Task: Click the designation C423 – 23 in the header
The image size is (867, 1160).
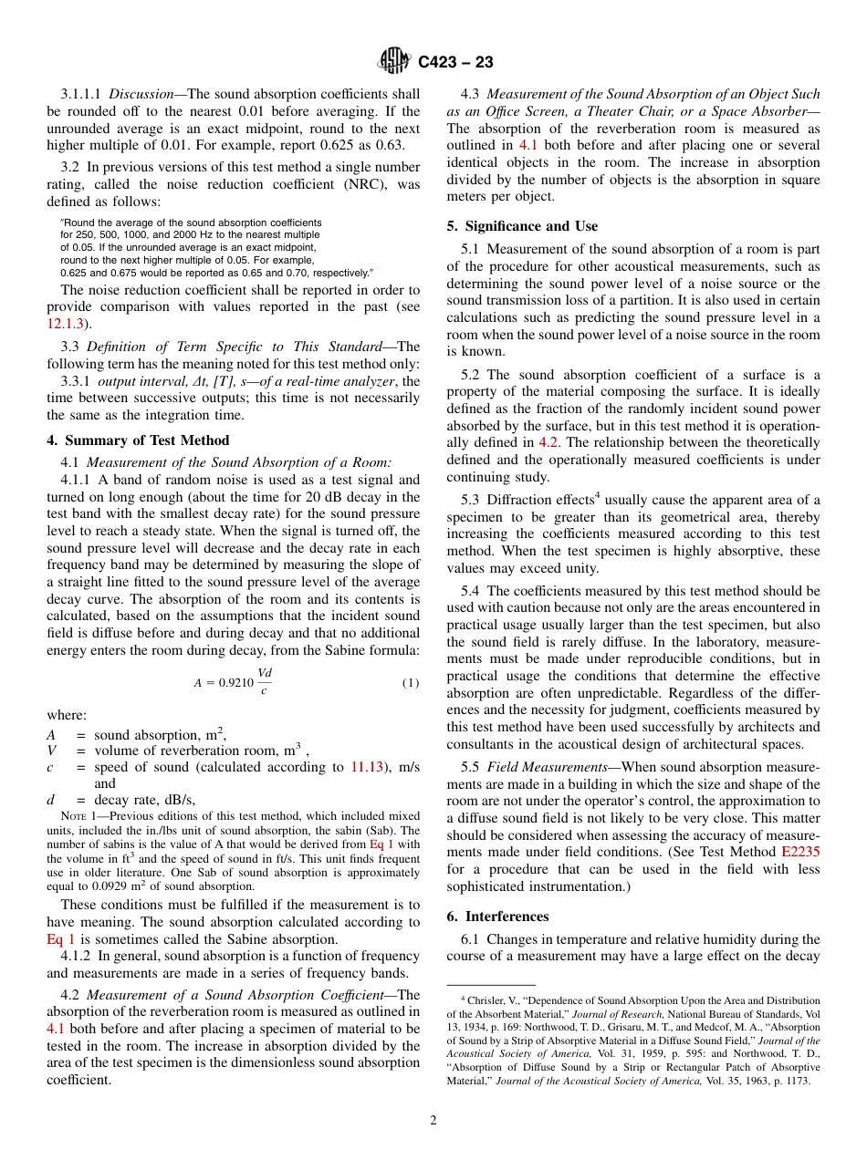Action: pyautogui.click(x=455, y=62)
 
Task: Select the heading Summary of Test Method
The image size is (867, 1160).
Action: pyautogui.click(x=138, y=440)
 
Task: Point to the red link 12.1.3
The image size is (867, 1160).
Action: pyautogui.click(x=65, y=323)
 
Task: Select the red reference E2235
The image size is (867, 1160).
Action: pyautogui.click(x=800, y=852)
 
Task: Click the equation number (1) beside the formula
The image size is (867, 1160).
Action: pyautogui.click(x=411, y=683)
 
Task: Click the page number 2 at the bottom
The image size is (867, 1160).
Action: pyautogui.click(x=433, y=1121)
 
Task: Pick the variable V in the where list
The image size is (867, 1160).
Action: pyautogui.click(x=51, y=751)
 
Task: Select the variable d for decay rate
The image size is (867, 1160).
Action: pyautogui.click(x=51, y=801)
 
